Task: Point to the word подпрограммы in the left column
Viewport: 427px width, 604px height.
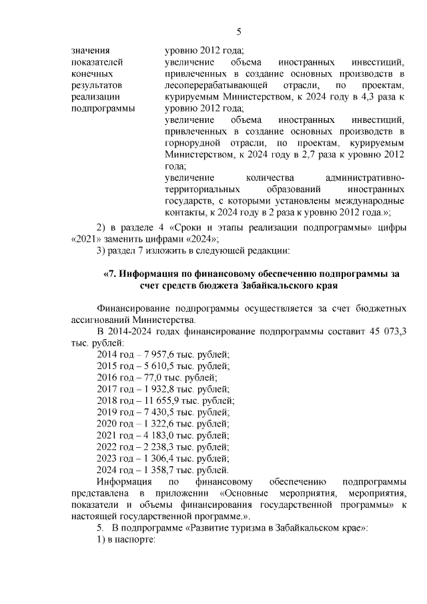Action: (x=101, y=107)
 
